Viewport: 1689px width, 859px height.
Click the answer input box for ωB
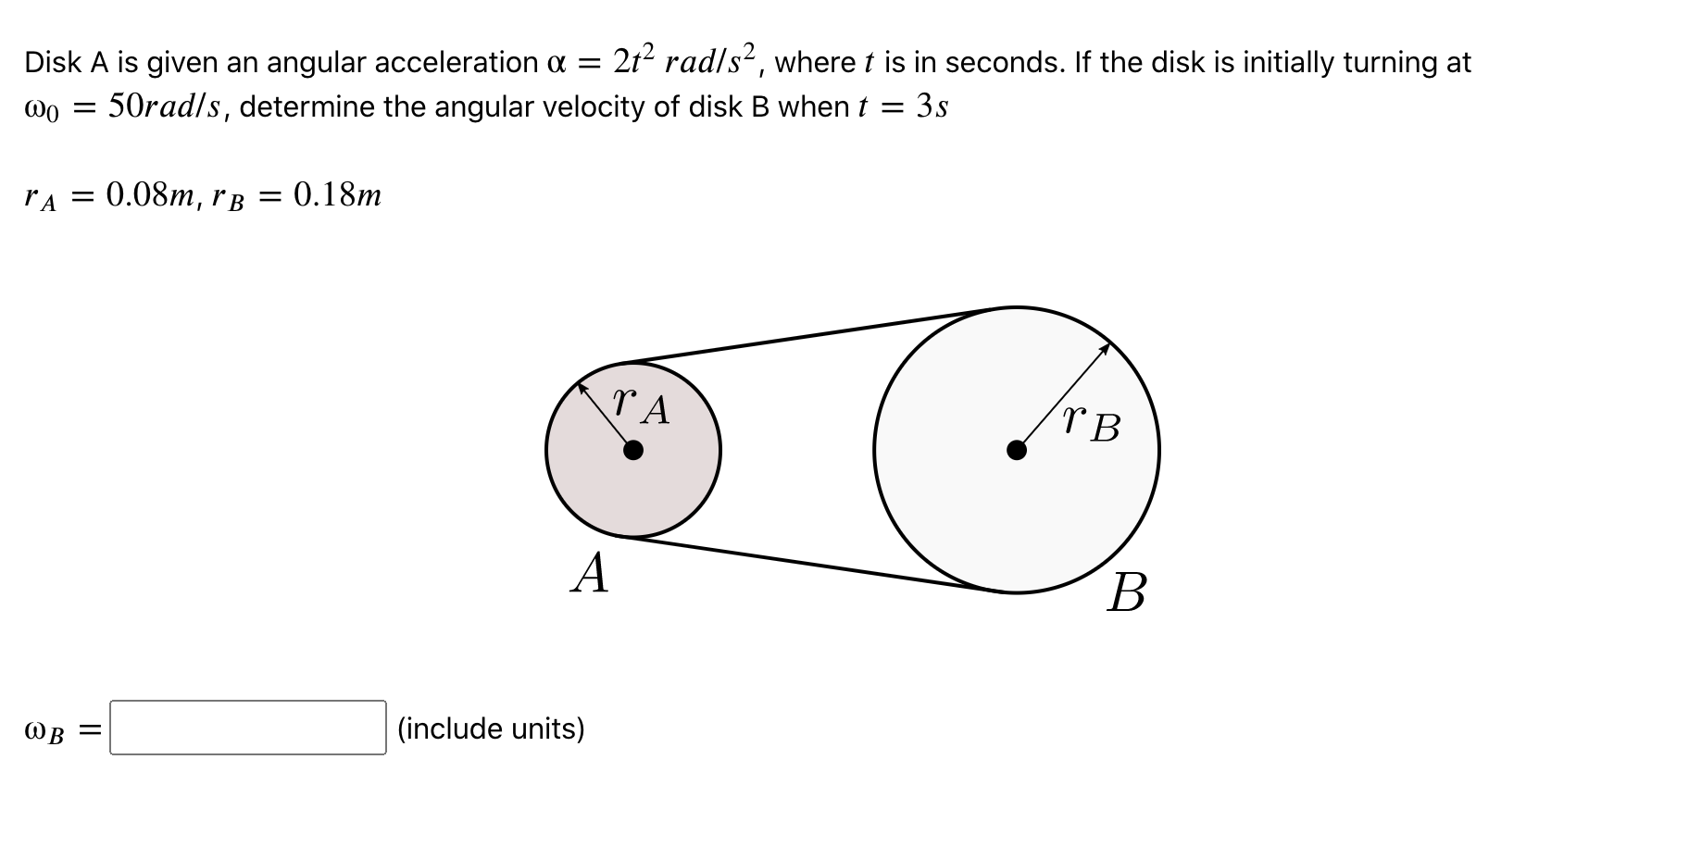[x=247, y=728]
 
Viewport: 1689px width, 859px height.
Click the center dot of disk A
[x=633, y=451]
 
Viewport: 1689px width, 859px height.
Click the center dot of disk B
[x=1017, y=451]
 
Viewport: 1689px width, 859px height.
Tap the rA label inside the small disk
[x=642, y=405]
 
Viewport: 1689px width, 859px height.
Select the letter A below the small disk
[x=591, y=573]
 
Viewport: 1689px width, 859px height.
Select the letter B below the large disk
[x=1126, y=592]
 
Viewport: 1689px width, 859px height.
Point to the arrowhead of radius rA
[x=582, y=387]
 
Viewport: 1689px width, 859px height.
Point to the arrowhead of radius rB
[x=1106, y=347]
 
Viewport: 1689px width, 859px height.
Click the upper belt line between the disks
[x=815, y=334]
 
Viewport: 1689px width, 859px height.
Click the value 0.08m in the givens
[x=151, y=195]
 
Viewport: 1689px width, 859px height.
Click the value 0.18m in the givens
[x=337, y=195]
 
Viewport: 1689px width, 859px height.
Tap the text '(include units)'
[x=491, y=728]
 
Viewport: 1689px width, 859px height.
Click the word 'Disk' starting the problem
[x=51, y=63]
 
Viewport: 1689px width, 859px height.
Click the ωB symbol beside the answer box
[x=44, y=731]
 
